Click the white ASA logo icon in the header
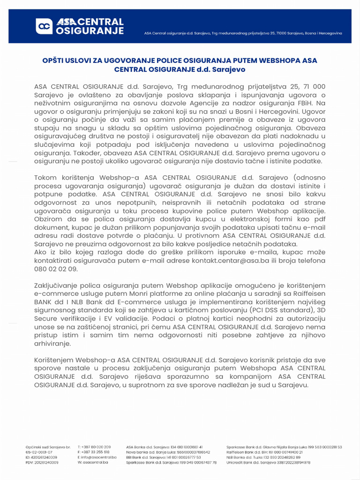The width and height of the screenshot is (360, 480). (45, 26)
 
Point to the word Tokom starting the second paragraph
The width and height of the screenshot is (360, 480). (45, 178)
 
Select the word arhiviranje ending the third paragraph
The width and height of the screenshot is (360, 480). (52, 344)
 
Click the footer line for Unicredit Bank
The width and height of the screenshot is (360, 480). (268, 462)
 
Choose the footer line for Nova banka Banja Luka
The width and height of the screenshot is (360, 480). (168, 452)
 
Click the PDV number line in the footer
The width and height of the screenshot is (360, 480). (42, 462)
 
